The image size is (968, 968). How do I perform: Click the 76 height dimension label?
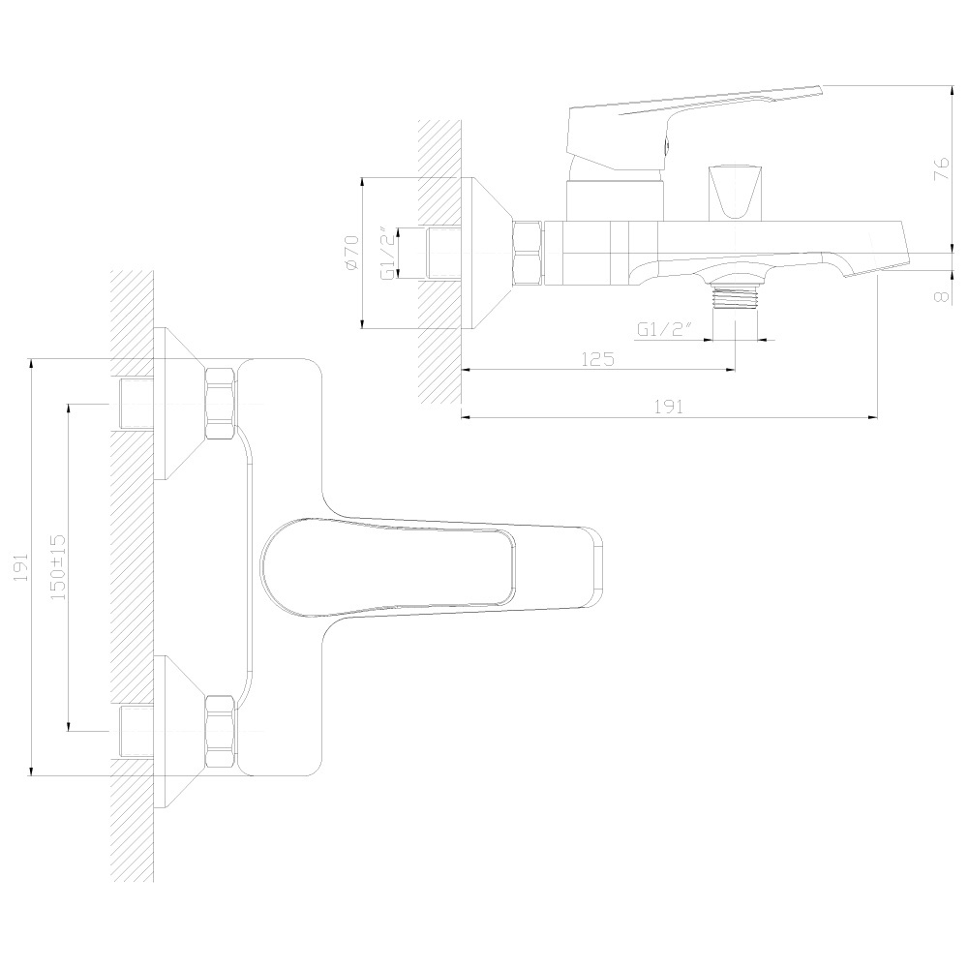click(x=941, y=167)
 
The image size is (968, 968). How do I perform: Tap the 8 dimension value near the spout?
click(x=941, y=296)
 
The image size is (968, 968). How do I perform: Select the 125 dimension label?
click(x=597, y=359)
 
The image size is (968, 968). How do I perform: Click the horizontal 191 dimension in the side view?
click(x=669, y=407)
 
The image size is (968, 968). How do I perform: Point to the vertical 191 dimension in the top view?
click(x=21, y=566)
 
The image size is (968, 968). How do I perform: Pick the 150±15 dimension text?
click(x=58, y=566)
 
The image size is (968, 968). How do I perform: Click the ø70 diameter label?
click(x=352, y=253)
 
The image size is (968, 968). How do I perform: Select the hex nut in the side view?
click(x=528, y=253)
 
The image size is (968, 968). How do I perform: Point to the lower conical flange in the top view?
click(x=180, y=732)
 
